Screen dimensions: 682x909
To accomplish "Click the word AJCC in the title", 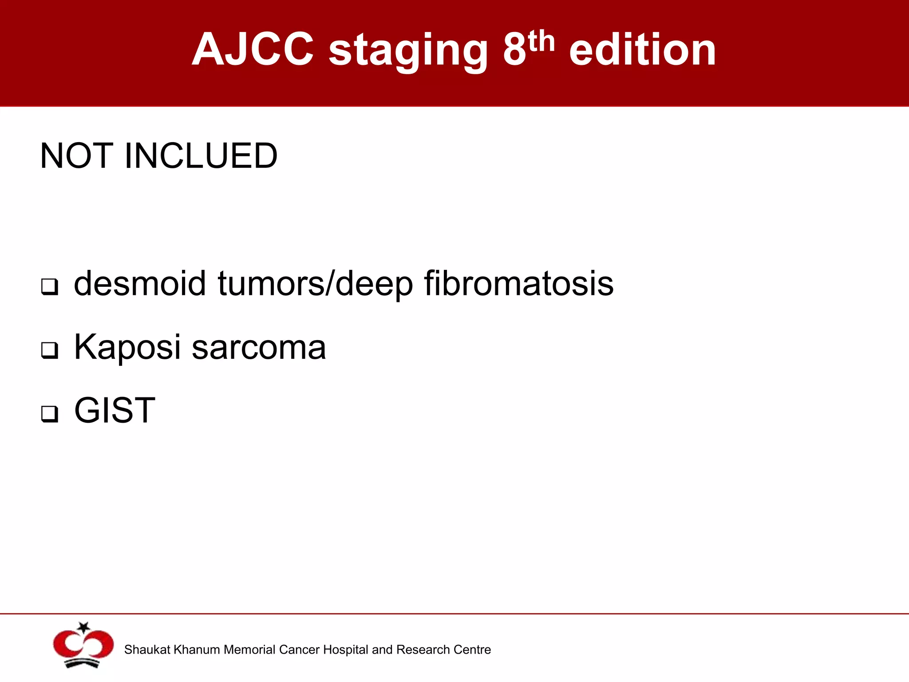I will click(x=253, y=50).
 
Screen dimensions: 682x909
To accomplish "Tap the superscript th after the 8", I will click(x=541, y=42).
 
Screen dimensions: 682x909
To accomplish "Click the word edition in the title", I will click(x=642, y=50).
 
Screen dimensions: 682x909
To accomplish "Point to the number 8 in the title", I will click(x=514, y=50).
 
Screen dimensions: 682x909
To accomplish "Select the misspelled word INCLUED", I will click(x=201, y=156).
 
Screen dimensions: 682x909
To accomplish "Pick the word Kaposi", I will click(x=127, y=347).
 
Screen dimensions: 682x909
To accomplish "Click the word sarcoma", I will click(x=259, y=347).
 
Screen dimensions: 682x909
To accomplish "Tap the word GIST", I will click(x=115, y=410).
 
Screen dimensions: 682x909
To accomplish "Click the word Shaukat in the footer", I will click(x=147, y=650).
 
